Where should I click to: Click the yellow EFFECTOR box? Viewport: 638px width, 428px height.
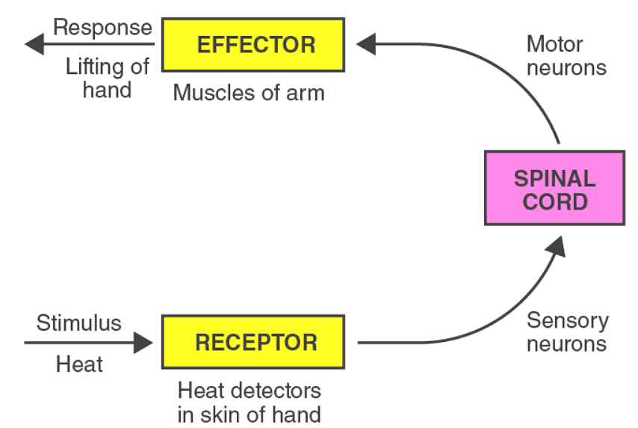(x=255, y=45)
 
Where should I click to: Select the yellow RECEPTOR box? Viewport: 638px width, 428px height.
(x=255, y=343)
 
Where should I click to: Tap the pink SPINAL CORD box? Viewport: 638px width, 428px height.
(x=554, y=189)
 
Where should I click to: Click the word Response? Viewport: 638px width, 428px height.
(x=102, y=28)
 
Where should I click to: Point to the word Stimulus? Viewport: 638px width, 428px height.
(x=78, y=323)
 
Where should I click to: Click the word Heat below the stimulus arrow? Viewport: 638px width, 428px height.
(x=79, y=365)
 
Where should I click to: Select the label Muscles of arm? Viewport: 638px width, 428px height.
(x=249, y=93)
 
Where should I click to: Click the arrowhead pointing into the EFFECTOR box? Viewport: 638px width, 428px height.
(x=366, y=44)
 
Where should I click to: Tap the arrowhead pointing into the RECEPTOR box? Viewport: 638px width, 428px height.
(x=143, y=343)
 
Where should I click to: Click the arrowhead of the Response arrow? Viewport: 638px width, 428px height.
(x=34, y=46)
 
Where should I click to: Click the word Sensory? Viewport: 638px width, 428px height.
(x=567, y=321)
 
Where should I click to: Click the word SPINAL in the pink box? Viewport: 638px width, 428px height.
(x=554, y=178)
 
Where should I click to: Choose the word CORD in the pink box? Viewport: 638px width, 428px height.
(x=554, y=201)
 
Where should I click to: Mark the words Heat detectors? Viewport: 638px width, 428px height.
(x=249, y=390)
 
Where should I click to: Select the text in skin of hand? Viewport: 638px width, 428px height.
(x=249, y=413)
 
